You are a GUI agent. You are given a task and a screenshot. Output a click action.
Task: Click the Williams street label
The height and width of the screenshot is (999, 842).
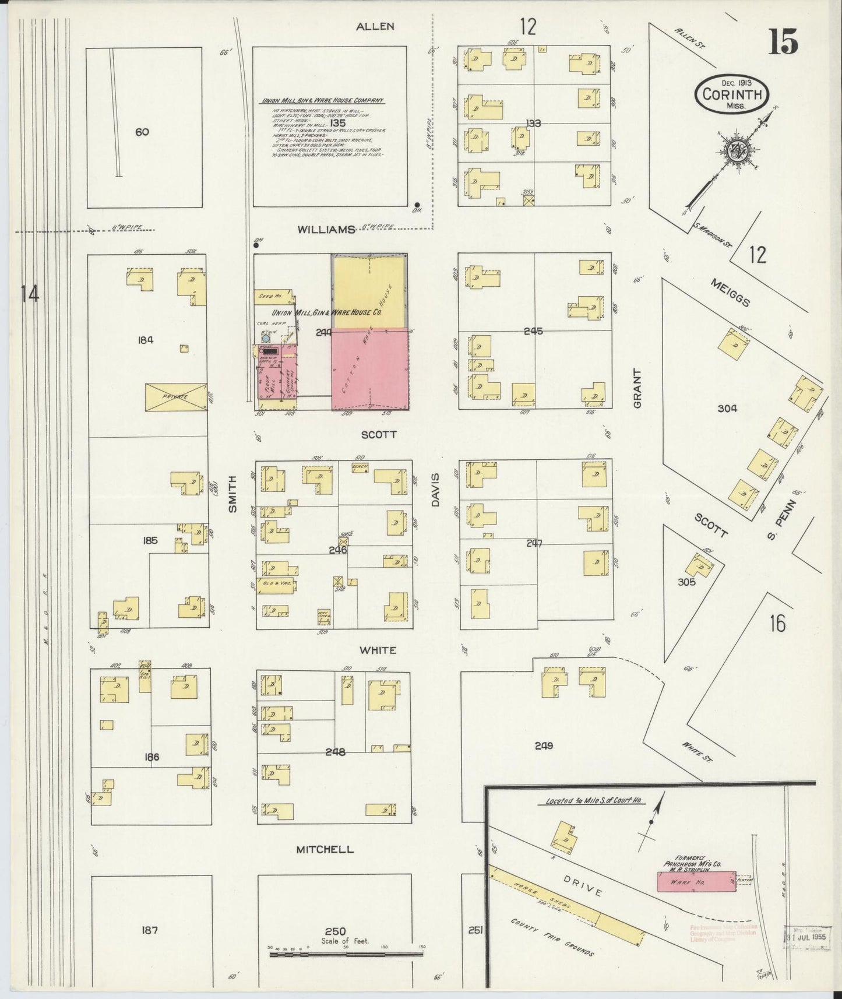tap(326, 230)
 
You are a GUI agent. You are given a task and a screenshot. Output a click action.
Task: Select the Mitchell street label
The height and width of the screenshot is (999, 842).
tap(325, 849)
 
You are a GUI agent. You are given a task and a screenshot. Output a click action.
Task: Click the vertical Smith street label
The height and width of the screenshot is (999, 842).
tap(232, 493)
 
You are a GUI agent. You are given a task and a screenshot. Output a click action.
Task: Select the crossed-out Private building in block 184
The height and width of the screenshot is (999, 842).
tap(176, 396)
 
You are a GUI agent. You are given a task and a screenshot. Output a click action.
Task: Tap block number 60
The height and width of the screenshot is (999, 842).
tap(142, 132)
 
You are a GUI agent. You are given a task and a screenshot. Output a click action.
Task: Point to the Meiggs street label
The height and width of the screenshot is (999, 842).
tap(730, 291)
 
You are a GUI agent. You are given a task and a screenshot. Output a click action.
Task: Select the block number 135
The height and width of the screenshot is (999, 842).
tap(337, 124)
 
